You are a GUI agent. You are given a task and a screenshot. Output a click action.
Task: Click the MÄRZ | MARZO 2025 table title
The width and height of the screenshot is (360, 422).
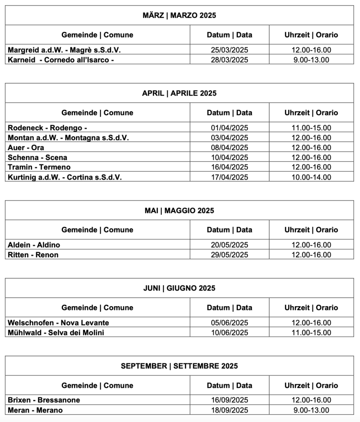pyautogui.click(x=179, y=16)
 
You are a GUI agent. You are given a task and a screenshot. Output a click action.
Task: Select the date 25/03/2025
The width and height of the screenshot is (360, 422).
pyautogui.click(x=229, y=50)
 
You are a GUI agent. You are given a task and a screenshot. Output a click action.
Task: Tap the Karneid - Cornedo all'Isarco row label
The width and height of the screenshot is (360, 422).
pyautogui.click(x=61, y=60)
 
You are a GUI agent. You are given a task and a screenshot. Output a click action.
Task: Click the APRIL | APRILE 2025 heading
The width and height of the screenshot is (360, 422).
pyautogui.click(x=179, y=93)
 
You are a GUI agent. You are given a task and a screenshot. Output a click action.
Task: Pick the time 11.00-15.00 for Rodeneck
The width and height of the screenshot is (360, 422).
pyautogui.click(x=311, y=128)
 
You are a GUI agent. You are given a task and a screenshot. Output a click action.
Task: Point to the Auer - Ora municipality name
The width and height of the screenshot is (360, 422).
pyautogui.click(x=26, y=148)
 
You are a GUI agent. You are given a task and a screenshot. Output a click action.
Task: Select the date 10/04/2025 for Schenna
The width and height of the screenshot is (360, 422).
pyautogui.click(x=229, y=157)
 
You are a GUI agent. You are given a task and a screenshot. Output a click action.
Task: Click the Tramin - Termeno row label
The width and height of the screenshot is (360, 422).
pyautogui.click(x=39, y=167)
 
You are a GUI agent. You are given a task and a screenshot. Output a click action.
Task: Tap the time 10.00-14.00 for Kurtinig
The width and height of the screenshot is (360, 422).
pyautogui.click(x=311, y=177)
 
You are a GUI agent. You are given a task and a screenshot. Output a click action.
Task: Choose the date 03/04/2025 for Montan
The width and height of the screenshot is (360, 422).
pyautogui.click(x=229, y=138)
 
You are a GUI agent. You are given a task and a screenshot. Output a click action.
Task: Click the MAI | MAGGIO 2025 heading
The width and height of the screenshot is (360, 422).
pyautogui.click(x=179, y=211)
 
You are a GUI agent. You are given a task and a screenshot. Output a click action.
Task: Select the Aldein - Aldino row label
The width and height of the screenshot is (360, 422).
pyautogui.click(x=34, y=245)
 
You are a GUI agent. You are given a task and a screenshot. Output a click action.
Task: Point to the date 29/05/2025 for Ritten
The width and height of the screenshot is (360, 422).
pyautogui.click(x=229, y=255)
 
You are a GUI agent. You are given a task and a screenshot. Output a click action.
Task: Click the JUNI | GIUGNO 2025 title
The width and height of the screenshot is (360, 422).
pyautogui.click(x=179, y=288)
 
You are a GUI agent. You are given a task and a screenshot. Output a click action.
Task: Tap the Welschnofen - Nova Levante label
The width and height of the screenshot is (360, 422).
pyautogui.click(x=58, y=323)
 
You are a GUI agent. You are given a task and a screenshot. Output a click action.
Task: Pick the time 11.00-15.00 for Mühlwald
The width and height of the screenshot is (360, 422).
pyautogui.click(x=311, y=333)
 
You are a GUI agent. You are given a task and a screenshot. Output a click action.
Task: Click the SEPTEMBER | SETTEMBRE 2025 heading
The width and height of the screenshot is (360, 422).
pyautogui.click(x=179, y=366)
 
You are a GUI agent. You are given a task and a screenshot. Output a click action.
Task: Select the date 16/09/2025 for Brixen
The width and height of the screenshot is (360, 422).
pyautogui.click(x=229, y=400)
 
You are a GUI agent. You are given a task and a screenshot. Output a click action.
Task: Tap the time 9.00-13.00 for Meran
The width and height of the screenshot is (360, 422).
pyautogui.click(x=311, y=410)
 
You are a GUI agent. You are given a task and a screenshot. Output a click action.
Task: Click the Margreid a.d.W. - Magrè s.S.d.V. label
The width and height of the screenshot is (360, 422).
pyautogui.click(x=64, y=50)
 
